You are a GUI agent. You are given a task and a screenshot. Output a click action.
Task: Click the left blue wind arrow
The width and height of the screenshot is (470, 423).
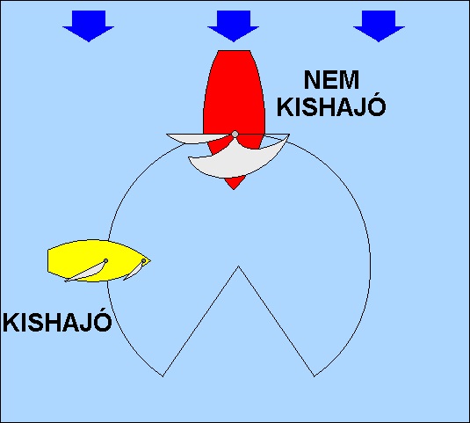[x=89, y=26]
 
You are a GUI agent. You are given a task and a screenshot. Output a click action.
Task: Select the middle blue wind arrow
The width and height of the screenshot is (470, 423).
[x=233, y=26]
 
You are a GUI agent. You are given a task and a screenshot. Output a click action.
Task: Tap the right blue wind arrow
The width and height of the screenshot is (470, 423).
[x=379, y=26]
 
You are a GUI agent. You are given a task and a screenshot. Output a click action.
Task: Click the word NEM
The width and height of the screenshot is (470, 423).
[x=331, y=80]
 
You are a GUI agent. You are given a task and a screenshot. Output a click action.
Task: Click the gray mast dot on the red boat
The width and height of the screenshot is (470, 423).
[x=235, y=134]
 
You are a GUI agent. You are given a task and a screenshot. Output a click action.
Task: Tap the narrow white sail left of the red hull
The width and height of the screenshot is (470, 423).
[x=198, y=138]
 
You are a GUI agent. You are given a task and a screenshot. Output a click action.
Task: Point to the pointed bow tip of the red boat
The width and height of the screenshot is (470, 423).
[x=234, y=189]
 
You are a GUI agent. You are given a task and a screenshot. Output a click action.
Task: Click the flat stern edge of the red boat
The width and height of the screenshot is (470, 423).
[x=234, y=51]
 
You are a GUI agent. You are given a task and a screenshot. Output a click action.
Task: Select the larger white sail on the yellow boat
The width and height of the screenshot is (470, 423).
[x=87, y=272]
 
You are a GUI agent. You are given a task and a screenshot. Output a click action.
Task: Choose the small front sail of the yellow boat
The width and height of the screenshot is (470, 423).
[x=135, y=271]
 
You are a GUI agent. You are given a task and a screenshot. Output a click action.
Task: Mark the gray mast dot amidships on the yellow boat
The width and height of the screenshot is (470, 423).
[x=105, y=260]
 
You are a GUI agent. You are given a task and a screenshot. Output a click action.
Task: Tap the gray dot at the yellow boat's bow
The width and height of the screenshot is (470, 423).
[x=143, y=261]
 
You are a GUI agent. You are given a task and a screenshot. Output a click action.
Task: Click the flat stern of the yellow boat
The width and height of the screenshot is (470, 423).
[x=48, y=260]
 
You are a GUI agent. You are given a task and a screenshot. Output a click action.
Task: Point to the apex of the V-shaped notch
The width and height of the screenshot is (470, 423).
[x=238, y=266]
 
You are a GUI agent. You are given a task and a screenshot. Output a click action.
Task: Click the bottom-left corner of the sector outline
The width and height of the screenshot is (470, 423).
[x=163, y=376]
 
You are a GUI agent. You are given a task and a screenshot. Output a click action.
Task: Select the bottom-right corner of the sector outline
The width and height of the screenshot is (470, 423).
[x=315, y=376]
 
